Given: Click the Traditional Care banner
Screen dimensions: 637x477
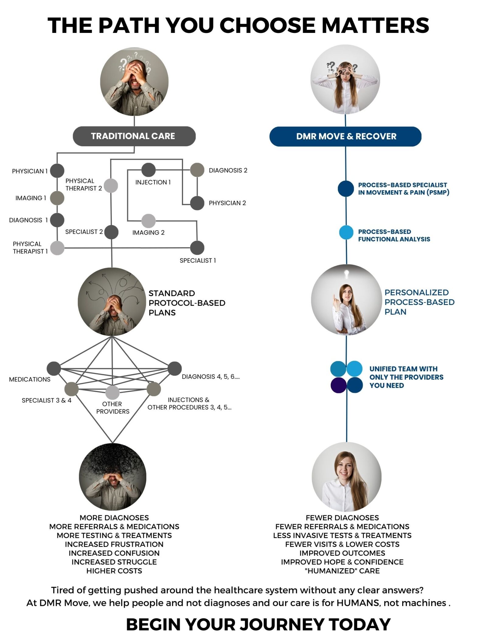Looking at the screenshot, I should click(x=134, y=136).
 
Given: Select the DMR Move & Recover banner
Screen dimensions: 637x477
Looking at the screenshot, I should click(x=345, y=136).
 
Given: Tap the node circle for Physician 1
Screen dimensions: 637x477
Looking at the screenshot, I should click(x=57, y=171).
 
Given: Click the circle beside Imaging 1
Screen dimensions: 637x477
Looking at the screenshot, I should click(x=57, y=198).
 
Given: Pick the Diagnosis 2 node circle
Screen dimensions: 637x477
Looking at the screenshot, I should click(x=197, y=170).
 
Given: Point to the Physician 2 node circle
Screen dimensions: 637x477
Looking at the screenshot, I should click(x=197, y=203).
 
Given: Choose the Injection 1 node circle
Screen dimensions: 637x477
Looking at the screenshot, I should click(x=148, y=170).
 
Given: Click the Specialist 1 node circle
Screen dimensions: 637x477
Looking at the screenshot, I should click(x=197, y=248).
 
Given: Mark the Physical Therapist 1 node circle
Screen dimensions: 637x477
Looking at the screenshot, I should click(x=57, y=248).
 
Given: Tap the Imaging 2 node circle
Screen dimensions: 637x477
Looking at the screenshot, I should click(x=148, y=221).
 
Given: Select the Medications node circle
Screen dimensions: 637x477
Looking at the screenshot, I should click(x=54, y=369).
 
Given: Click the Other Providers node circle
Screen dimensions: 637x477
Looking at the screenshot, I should click(x=112, y=392).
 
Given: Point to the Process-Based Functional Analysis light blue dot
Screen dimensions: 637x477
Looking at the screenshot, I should click(x=346, y=233).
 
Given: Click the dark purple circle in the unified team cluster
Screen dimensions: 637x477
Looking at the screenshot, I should click(x=338, y=385).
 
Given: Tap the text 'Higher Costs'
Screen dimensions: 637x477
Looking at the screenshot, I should click(x=114, y=571).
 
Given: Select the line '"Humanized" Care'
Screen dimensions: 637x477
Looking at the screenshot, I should click(x=342, y=571).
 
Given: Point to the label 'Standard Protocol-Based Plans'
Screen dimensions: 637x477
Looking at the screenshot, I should click(x=187, y=303).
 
